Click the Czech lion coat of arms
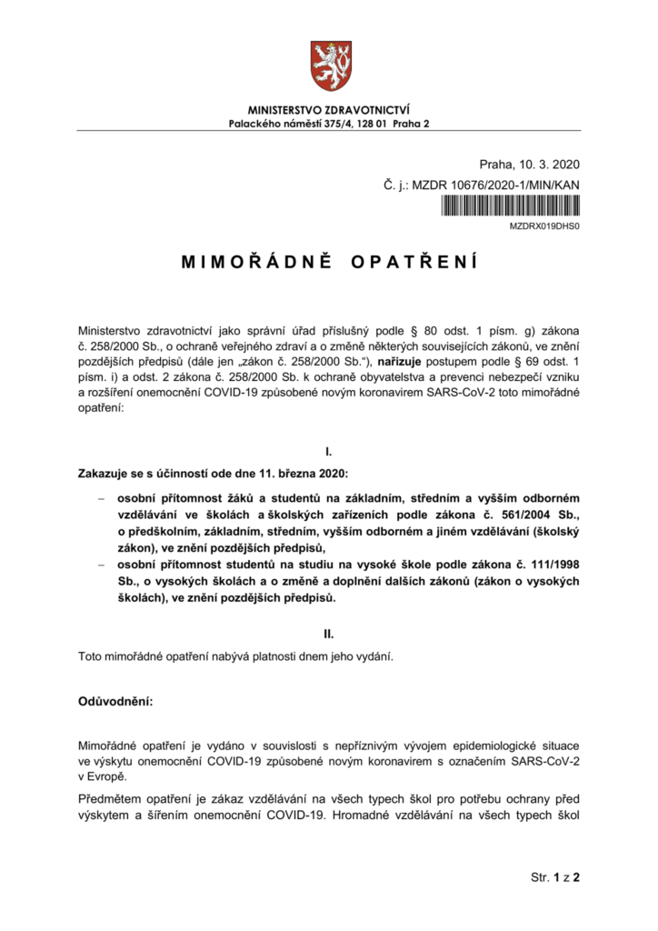click(x=328, y=63)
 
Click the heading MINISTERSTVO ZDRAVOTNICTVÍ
click(x=329, y=110)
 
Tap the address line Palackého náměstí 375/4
click(x=329, y=123)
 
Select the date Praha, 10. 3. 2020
click(x=531, y=165)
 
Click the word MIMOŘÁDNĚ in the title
click(x=250, y=263)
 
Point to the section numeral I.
click(x=328, y=450)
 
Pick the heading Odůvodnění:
click(x=115, y=703)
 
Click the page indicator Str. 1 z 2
click(x=554, y=878)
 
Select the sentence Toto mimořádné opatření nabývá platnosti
click(x=237, y=656)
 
